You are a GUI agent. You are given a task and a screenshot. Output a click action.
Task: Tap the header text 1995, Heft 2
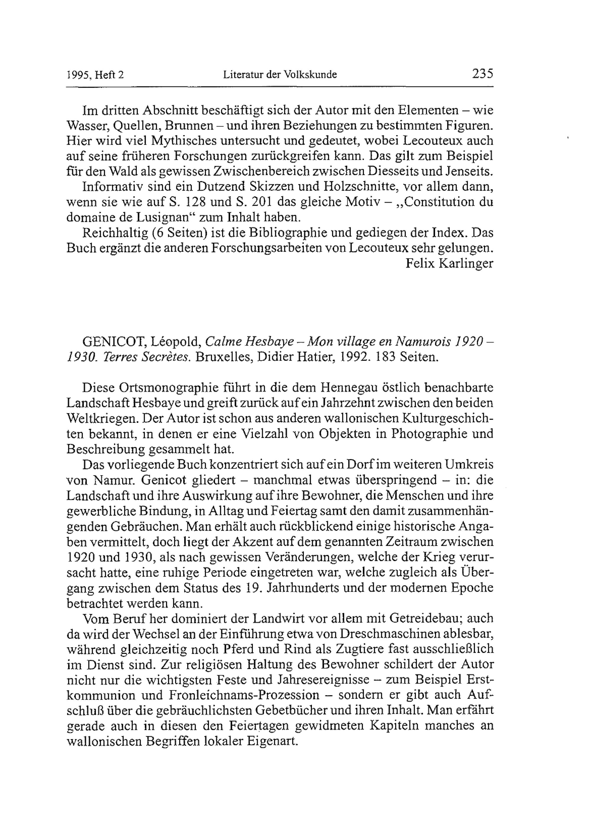(95, 75)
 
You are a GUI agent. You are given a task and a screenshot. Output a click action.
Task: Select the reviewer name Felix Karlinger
(449, 263)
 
